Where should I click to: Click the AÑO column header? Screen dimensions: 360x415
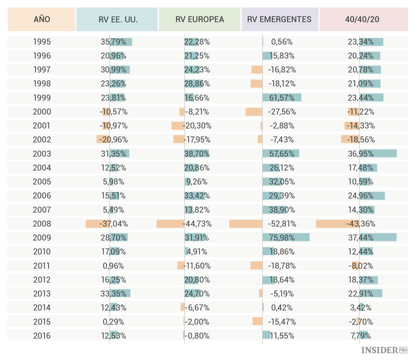[41, 19]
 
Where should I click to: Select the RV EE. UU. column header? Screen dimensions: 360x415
[117, 19]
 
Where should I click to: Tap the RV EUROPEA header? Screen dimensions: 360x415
[200, 19]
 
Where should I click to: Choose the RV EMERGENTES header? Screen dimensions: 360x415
[279, 19]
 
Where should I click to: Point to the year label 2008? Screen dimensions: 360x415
[41, 224]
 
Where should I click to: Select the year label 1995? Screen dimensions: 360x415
[41, 42]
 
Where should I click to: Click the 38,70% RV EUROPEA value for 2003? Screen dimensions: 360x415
[198, 153]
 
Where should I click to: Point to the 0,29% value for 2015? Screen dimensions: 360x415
[114, 322]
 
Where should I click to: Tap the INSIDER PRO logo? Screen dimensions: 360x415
[384, 350]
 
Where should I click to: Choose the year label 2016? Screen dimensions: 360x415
[41, 336]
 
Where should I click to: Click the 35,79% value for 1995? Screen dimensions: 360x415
[114, 42]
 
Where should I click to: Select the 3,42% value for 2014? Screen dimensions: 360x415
[362, 307]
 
